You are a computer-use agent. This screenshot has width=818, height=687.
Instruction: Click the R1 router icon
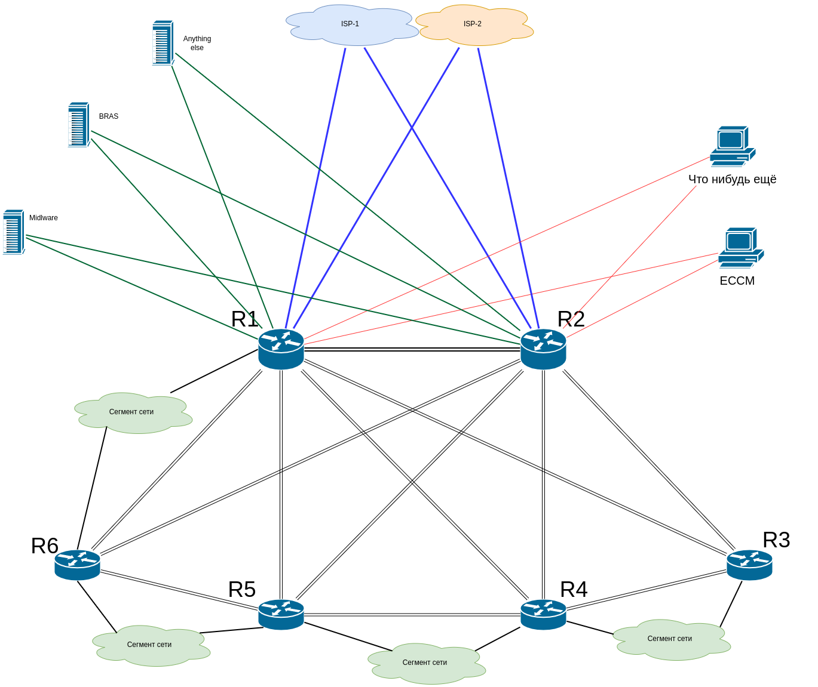(x=281, y=349)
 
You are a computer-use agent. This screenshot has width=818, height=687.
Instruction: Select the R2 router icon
(x=543, y=349)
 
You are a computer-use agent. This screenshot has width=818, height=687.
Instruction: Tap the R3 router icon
(x=749, y=565)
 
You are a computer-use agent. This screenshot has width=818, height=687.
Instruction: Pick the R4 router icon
(x=543, y=614)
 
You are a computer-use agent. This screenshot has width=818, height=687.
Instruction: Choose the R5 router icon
(x=281, y=614)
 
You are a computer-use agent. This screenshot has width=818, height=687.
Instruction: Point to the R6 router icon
(x=77, y=565)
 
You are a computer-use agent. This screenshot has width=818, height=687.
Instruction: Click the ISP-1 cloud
(x=351, y=24)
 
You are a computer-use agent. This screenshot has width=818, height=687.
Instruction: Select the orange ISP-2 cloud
(x=473, y=25)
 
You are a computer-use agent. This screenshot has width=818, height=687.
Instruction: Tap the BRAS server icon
(x=78, y=124)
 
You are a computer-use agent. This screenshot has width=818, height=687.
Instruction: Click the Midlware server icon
(x=13, y=232)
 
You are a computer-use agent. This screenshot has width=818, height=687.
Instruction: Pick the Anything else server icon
(x=163, y=42)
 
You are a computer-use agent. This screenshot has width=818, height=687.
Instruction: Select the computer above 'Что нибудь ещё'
(x=732, y=146)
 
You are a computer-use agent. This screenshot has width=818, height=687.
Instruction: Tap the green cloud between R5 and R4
(x=425, y=663)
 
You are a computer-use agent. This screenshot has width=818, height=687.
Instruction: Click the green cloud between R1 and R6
(x=132, y=412)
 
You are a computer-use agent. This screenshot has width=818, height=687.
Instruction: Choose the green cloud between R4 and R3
(x=670, y=639)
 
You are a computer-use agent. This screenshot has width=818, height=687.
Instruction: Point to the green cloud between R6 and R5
(x=150, y=645)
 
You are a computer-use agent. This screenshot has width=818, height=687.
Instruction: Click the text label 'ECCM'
(x=737, y=281)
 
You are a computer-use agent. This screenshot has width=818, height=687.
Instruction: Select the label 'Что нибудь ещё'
(x=732, y=179)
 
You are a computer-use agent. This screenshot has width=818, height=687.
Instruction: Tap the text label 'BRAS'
(x=109, y=116)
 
